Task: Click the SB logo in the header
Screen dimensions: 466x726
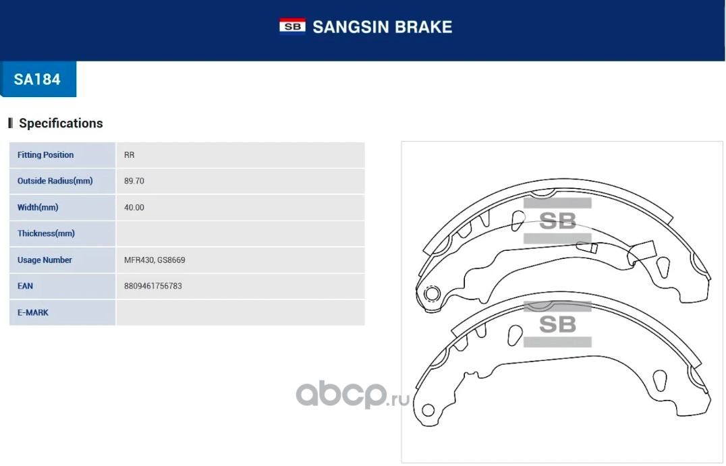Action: (292, 26)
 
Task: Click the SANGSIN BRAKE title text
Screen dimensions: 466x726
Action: (382, 27)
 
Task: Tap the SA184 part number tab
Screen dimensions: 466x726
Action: (38, 79)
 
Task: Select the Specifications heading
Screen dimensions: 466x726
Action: (61, 123)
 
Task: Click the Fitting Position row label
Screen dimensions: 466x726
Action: (45, 155)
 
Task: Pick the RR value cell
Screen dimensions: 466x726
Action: (129, 155)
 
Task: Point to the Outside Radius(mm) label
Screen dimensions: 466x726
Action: (55, 181)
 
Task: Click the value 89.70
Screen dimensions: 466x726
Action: (134, 181)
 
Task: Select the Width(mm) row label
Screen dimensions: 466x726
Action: (38, 207)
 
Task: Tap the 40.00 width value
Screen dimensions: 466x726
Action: (134, 207)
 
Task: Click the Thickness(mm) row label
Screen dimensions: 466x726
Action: (46, 233)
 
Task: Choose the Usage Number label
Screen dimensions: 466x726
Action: (45, 260)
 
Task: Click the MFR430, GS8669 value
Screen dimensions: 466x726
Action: (155, 260)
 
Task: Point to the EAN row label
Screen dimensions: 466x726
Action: (25, 286)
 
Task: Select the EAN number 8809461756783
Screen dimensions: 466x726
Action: (153, 286)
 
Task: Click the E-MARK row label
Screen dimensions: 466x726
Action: (33, 312)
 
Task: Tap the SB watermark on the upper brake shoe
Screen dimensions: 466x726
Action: (557, 221)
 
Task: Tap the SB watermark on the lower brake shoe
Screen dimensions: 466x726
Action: (557, 324)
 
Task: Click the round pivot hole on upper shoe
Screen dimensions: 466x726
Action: (432, 293)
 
